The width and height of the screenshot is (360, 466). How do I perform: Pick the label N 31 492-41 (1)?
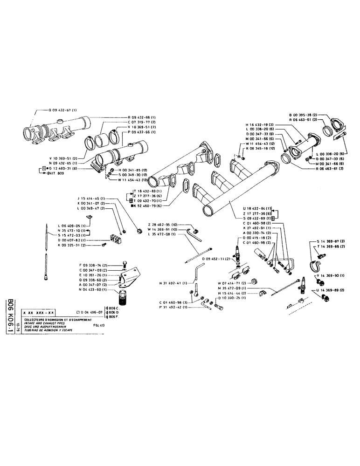173,283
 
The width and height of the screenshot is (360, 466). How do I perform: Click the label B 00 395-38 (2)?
304,114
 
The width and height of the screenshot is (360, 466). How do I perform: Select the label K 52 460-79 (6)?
149,205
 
